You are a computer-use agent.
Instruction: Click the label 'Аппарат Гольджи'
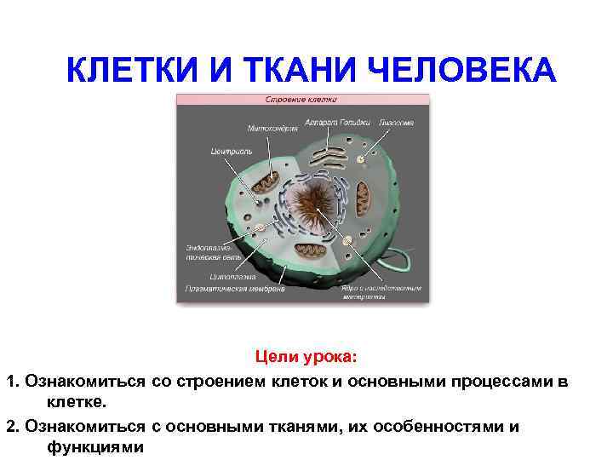tap(343, 123)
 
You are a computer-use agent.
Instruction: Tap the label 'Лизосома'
tap(397, 123)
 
